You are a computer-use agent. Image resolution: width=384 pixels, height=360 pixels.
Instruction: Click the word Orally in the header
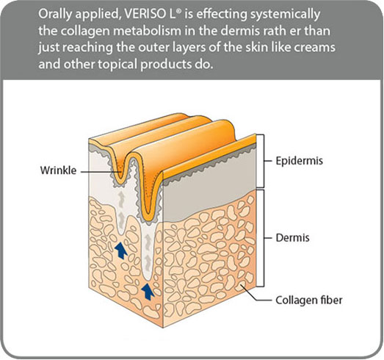click(x=54, y=15)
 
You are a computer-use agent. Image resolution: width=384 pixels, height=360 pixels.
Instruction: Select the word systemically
click(x=285, y=15)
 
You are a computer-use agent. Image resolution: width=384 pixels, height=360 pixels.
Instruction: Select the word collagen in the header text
click(x=87, y=32)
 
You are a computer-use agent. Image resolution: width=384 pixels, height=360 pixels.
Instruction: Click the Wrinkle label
click(x=58, y=170)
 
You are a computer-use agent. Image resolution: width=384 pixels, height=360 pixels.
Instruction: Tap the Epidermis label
click(x=300, y=161)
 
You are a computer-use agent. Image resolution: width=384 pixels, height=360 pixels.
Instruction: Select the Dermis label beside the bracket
click(x=292, y=238)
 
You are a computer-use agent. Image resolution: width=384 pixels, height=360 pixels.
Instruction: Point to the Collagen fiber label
click(x=309, y=300)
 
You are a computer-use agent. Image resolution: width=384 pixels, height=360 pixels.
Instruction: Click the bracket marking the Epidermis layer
click(x=264, y=161)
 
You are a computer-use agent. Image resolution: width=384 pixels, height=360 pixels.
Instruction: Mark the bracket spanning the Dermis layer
click(x=264, y=238)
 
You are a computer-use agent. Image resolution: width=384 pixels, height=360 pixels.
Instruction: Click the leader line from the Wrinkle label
click(x=101, y=172)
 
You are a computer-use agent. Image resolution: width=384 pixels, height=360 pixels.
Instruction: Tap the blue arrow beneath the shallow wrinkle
click(x=120, y=251)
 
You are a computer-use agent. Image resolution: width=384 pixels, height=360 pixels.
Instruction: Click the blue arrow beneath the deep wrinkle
click(x=148, y=292)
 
